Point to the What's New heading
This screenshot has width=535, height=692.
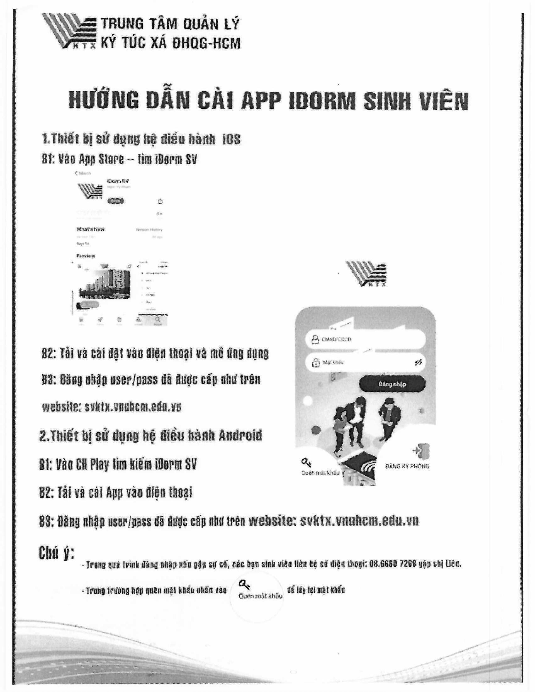click(x=90, y=229)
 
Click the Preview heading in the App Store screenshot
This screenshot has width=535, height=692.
click(x=86, y=256)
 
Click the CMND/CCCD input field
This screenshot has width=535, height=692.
click(x=364, y=339)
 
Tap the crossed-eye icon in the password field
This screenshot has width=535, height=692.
click(x=418, y=362)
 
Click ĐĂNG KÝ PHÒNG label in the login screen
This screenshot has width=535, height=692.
click(x=407, y=466)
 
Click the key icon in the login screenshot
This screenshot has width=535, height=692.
click(x=306, y=462)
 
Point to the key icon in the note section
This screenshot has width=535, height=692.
click(x=244, y=583)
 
